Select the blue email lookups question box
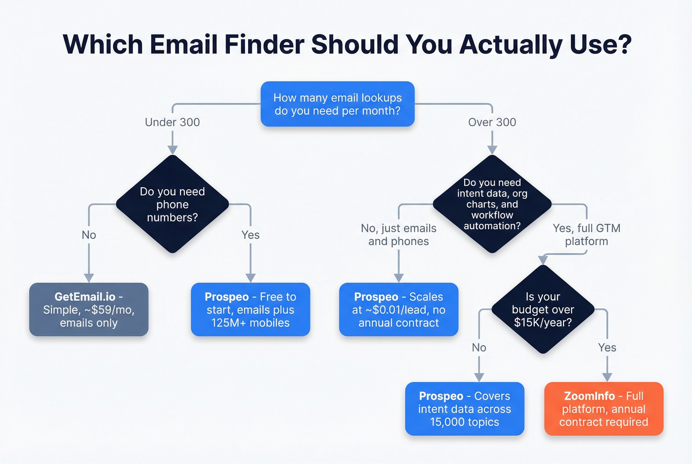(x=338, y=104)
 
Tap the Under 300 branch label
(x=173, y=122)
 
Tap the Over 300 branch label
(x=492, y=122)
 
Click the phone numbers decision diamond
(x=173, y=204)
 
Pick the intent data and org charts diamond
(x=492, y=204)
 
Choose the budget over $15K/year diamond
(x=543, y=310)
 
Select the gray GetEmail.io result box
(x=89, y=310)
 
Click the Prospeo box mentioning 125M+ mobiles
(x=251, y=310)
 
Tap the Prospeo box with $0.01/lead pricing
(x=399, y=310)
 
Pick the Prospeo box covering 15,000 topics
(x=465, y=409)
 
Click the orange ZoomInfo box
(x=604, y=409)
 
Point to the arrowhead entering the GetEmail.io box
(x=89, y=278)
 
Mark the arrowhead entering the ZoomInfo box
(x=607, y=377)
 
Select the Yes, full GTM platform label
(x=586, y=235)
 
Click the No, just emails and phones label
(x=399, y=235)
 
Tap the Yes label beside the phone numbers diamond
(x=251, y=235)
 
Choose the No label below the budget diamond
(x=479, y=347)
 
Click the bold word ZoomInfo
(x=589, y=396)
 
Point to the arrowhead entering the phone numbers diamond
(x=173, y=150)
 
